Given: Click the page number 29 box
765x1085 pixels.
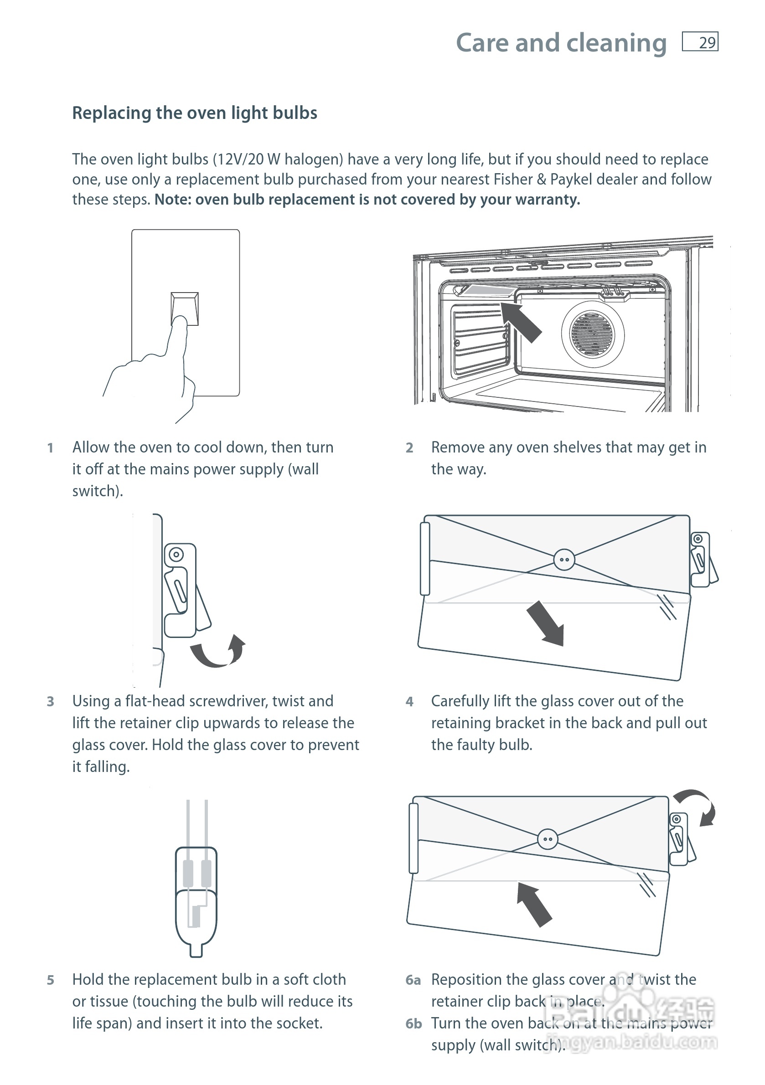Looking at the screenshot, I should click(700, 42).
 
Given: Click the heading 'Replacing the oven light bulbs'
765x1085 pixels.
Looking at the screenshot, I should click(194, 113).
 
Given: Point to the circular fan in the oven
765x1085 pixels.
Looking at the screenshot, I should click(592, 334).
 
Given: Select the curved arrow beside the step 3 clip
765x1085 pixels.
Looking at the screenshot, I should click(219, 652).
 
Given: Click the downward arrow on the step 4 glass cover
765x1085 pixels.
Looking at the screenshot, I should click(547, 622).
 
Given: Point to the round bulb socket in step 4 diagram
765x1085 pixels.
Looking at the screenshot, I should click(564, 560).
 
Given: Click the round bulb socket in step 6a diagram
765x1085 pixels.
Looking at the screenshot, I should click(548, 839).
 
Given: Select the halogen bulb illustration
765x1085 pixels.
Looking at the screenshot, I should click(196, 893).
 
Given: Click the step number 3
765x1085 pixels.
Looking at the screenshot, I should click(51, 702).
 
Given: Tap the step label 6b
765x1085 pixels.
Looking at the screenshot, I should click(413, 1023).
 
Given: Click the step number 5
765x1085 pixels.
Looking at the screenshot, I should click(51, 981).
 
